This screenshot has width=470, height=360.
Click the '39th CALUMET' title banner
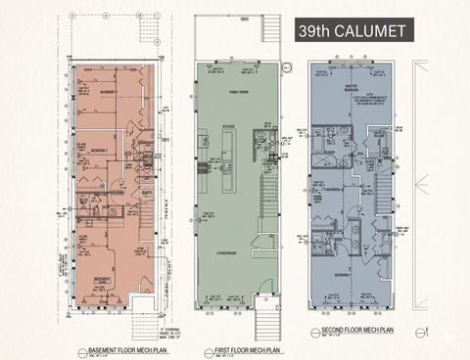coord(353,31)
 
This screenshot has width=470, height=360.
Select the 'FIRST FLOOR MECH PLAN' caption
coord(241,349)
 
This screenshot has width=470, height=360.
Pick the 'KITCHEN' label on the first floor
coord(226,127)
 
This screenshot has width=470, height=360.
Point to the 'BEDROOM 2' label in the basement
coord(97,150)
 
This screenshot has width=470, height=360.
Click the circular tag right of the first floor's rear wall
coord(287,68)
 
